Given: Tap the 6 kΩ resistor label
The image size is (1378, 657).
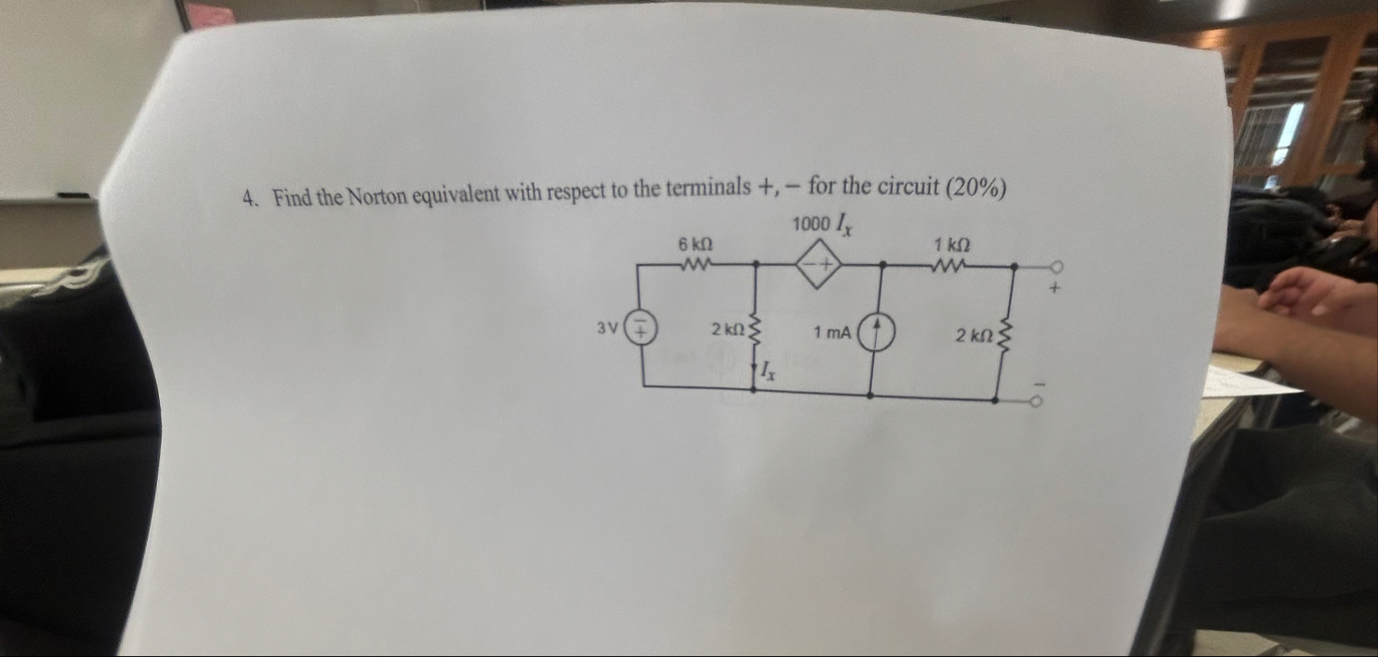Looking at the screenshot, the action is (x=696, y=244).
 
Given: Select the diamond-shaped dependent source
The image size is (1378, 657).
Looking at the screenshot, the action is (x=818, y=267).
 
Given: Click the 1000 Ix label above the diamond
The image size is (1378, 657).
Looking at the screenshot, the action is (x=822, y=225).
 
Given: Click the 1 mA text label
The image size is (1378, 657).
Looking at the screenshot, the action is (x=832, y=332).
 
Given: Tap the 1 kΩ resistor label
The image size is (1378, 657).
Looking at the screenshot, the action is (x=952, y=245).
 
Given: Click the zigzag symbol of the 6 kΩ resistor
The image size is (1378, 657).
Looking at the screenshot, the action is (x=696, y=265).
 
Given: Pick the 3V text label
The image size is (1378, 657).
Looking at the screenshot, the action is (x=607, y=327).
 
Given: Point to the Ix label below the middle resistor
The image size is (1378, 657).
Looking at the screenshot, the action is (x=768, y=373).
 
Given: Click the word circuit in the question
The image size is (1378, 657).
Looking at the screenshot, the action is (x=905, y=186).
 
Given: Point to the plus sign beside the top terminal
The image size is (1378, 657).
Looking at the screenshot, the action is (x=1055, y=289).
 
